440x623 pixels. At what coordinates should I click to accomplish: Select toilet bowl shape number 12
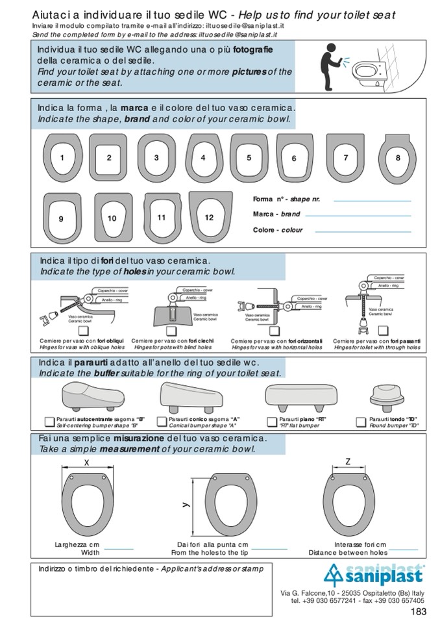(209, 217)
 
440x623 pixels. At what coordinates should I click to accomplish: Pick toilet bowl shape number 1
(62, 157)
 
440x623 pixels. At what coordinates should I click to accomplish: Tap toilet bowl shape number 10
(113, 218)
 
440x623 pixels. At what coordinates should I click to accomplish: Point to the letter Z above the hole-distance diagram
(348, 461)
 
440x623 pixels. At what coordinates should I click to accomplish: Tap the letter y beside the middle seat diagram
(184, 503)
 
